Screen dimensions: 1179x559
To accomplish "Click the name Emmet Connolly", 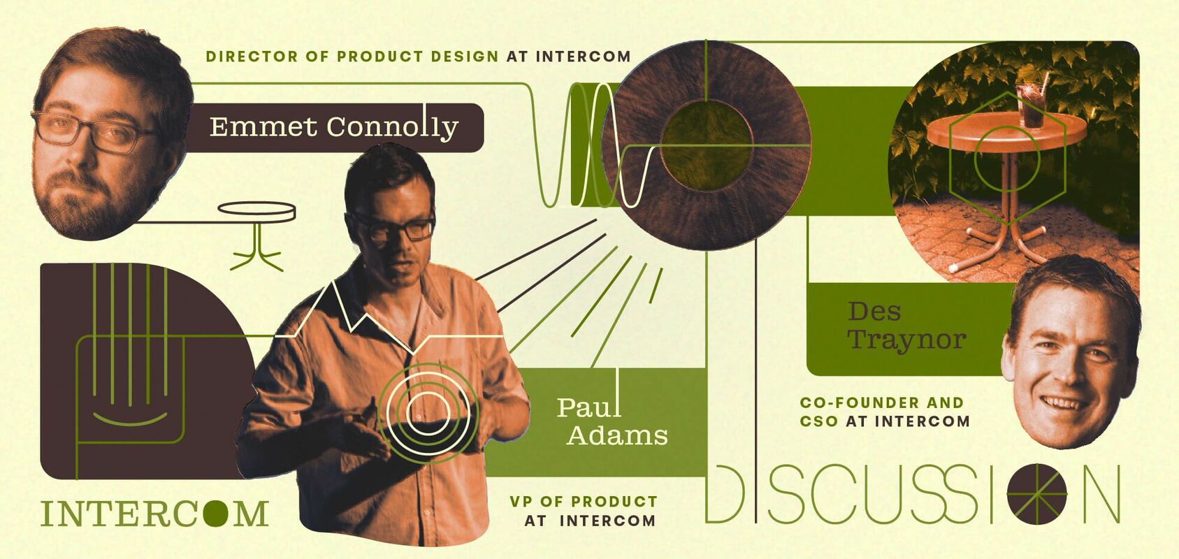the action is [334, 126].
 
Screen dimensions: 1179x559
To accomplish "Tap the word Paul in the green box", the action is [589, 407].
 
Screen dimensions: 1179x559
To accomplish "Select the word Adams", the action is [617, 435].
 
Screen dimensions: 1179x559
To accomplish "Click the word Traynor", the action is [906, 340].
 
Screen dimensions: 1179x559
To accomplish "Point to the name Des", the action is [874, 311].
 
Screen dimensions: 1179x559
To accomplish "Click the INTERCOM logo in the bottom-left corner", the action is [154, 514].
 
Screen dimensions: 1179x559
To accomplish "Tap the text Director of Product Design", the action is [352, 57].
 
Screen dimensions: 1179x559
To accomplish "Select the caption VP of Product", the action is [584, 501].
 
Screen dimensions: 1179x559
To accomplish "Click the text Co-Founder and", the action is [881, 402].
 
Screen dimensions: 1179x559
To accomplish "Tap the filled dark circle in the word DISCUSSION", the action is [1037, 494].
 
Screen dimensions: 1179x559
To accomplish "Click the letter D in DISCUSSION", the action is [725, 494].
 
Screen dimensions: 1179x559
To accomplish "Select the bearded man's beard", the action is [89, 203].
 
